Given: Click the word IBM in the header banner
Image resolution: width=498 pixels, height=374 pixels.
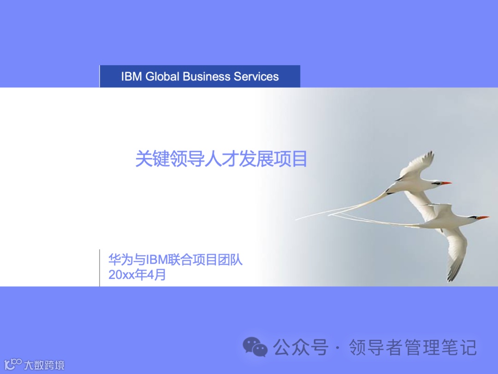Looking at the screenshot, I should click(x=131, y=77).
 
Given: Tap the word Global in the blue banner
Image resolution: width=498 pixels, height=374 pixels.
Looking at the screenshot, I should click(x=162, y=77).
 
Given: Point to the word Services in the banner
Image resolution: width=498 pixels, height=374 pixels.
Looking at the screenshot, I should click(x=256, y=77).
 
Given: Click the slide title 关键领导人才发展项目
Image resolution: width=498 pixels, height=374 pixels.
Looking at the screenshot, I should click(x=221, y=159).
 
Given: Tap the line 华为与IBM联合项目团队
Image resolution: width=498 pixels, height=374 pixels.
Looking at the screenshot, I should click(x=175, y=260).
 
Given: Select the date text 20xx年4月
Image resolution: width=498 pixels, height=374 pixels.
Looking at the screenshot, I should click(x=137, y=275).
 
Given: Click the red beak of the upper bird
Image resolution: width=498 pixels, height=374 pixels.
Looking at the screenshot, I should click(x=445, y=183).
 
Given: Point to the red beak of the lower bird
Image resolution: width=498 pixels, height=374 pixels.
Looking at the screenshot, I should click(x=482, y=217).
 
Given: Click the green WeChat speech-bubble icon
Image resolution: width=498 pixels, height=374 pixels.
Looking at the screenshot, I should click(x=255, y=347).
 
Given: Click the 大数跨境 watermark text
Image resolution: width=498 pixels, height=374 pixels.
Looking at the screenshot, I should click(x=44, y=365).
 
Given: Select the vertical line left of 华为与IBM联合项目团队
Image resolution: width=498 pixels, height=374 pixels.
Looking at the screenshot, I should click(x=100, y=268).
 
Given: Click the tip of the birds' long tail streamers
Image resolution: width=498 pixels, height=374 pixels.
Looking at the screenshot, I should click(x=297, y=219).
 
